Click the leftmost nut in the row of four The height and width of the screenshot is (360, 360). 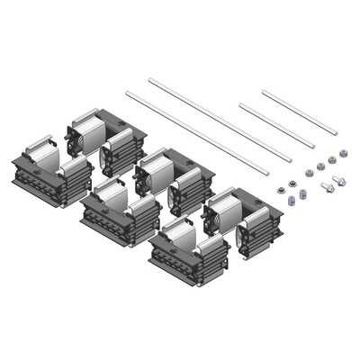pyautogui.click(x=310, y=173)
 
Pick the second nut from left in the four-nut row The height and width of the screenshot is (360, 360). pyautogui.click(x=320, y=166)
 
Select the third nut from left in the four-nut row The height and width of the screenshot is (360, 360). pyautogui.click(x=332, y=159)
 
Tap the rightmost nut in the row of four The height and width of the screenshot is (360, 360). pyautogui.click(x=343, y=153)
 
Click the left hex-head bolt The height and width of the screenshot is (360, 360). pyautogui.click(x=328, y=187)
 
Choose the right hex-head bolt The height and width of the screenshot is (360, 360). pyautogui.click(x=339, y=181)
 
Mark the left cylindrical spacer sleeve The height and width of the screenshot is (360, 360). pyautogui.click(x=291, y=200)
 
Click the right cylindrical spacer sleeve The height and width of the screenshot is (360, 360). pyautogui.click(x=302, y=193)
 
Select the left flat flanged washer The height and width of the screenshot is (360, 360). pyautogui.click(x=281, y=190)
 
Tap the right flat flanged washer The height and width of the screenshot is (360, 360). pyautogui.click(x=292, y=184)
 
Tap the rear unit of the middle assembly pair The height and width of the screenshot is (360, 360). pyautogui.click(x=171, y=180)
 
